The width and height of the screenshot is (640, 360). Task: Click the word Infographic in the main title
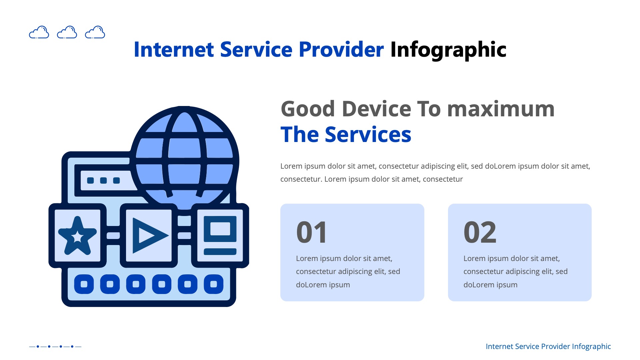point(448,50)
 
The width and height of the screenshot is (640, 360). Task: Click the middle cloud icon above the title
point(67,32)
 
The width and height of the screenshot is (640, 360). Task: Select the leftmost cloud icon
point(39,32)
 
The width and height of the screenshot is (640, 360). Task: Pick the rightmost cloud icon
point(95,32)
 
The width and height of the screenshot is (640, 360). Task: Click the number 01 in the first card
point(312,232)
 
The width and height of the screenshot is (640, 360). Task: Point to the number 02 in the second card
point(480,232)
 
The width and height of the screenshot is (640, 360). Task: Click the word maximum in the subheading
point(501,109)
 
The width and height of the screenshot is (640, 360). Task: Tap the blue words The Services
point(346,135)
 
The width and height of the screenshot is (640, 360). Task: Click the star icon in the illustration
point(77,236)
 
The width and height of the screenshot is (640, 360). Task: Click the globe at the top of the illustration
point(184,157)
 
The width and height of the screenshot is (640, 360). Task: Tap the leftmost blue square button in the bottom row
point(84,284)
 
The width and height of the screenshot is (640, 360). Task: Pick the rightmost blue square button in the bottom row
point(214,284)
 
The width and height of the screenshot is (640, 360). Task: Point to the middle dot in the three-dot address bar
point(103,180)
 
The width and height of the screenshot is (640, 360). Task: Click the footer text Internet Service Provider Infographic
point(548,346)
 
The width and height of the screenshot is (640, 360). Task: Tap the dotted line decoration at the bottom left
point(55,346)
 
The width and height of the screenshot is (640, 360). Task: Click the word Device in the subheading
point(376,109)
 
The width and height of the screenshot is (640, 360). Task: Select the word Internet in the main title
point(173,50)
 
